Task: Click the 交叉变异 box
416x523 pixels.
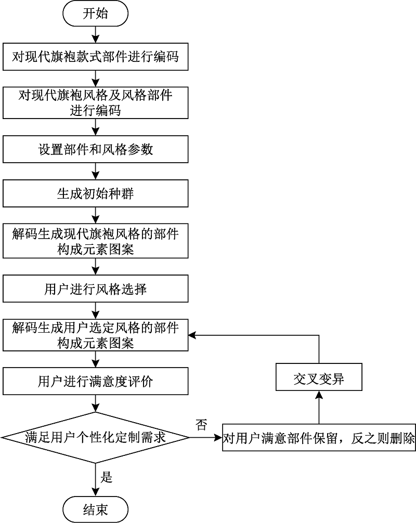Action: coord(318,381)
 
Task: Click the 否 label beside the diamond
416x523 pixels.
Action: coord(201,425)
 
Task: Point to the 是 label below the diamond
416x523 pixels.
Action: coord(107,477)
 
